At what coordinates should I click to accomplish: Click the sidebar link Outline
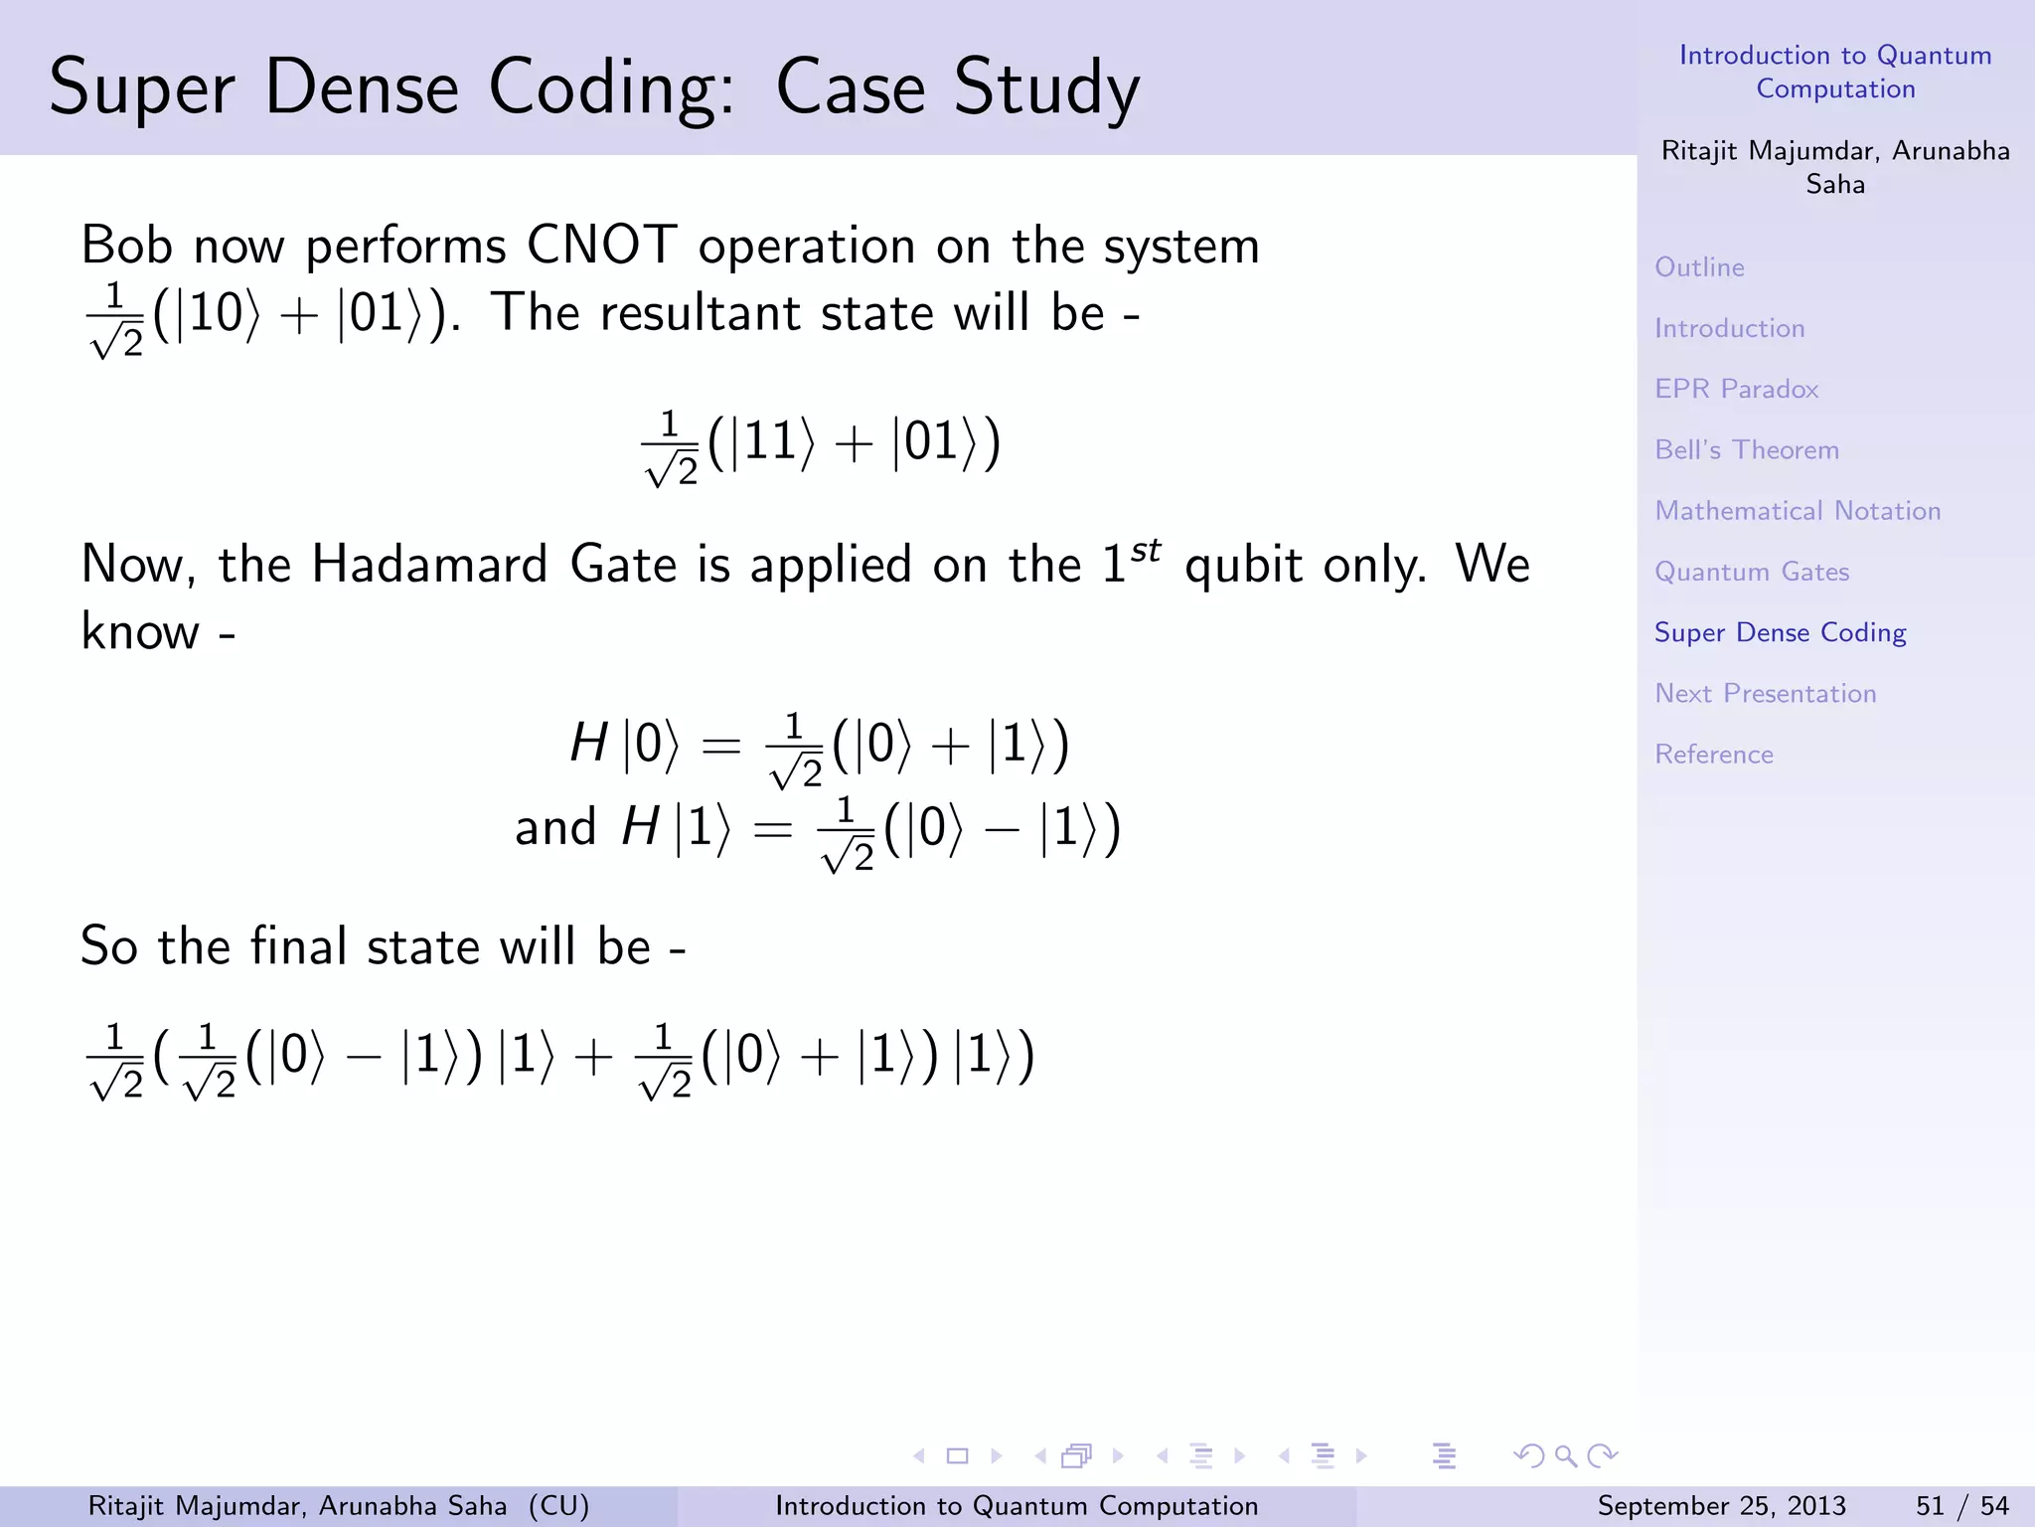click(x=1699, y=267)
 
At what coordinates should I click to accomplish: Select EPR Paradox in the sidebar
click(x=1736, y=389)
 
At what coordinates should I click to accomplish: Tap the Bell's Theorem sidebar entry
click(x=1746, y=450)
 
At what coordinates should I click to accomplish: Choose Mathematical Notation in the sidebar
click(x=1797, y=511)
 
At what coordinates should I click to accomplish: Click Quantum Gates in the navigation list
click(x=1751, y=572)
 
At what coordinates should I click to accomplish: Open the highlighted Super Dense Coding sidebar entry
click(x=1780, y=632)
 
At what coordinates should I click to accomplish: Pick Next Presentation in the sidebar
click(x=1765, y=694)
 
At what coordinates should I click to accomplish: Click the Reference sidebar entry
click(x=1713, y=755)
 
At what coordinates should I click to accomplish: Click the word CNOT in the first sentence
click(x=601, y=246)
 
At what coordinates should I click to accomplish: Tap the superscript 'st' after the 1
click(x=1146, y=550)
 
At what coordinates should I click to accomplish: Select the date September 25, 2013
click(x=1721, y=1506)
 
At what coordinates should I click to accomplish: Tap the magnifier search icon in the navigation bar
click(x=1565, y=1456)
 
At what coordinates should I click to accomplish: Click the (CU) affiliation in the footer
click(x=558, y=1506)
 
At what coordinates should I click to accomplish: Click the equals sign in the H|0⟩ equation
click(x=721, y=745)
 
